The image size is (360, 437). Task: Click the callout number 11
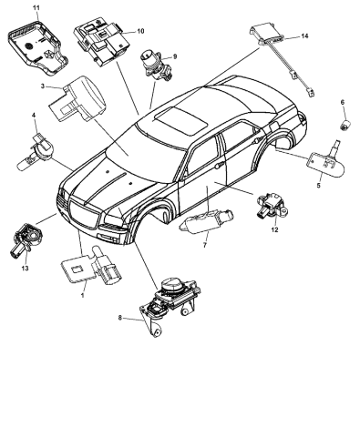coord(36,7)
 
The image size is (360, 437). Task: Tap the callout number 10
coord(140,32)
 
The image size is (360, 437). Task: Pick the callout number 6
coord(343,101)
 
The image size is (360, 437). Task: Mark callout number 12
coord(273,230)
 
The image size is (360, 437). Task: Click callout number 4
coord(34,116)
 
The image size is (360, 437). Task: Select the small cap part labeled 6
coord(345,122)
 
